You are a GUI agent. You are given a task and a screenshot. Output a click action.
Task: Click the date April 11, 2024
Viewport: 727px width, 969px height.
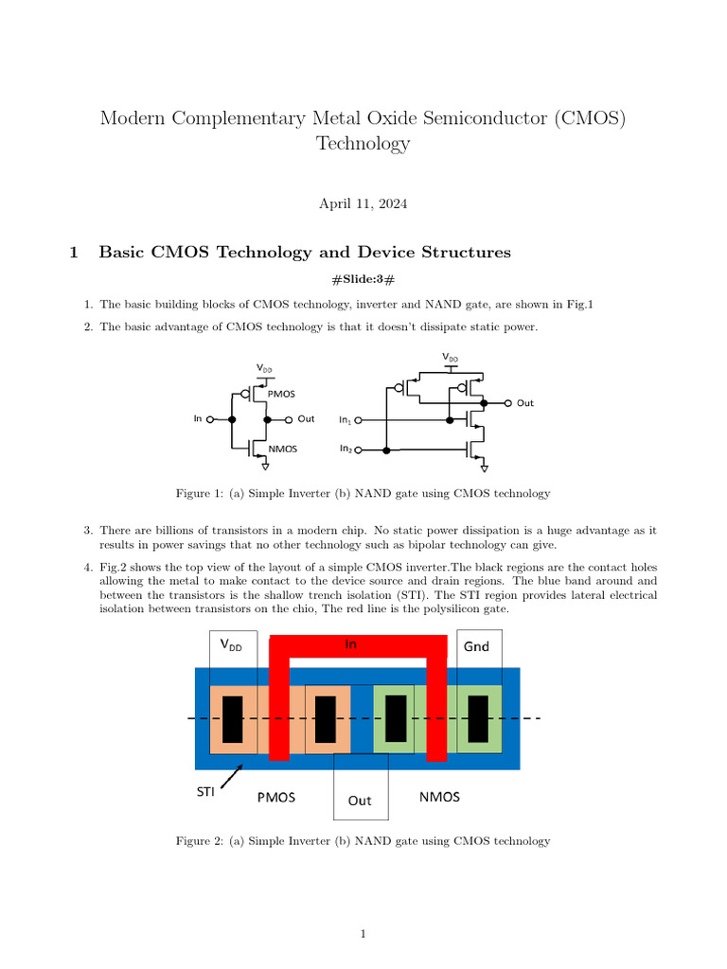363,203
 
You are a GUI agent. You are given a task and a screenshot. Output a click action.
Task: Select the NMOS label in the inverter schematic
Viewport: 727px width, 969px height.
283,449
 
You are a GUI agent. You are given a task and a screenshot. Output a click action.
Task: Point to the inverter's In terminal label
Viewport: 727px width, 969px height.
198,418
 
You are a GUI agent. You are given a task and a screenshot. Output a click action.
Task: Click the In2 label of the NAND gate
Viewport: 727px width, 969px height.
346,449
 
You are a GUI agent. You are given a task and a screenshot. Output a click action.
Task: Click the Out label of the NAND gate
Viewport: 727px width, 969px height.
525,403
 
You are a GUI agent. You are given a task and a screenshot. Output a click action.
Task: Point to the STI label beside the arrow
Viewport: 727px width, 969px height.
205,791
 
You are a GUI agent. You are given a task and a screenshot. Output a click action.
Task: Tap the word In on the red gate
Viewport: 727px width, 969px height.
350,643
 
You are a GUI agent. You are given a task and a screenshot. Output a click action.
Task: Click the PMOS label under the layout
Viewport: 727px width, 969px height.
276,797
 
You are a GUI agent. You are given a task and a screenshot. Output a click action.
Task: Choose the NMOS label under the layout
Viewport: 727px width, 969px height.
439,797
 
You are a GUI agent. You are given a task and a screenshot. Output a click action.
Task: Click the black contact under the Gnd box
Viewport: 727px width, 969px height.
478,718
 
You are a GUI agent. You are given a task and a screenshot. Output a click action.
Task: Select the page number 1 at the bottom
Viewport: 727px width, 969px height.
363,935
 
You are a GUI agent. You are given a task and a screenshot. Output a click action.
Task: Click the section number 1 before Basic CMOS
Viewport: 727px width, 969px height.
73,253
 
